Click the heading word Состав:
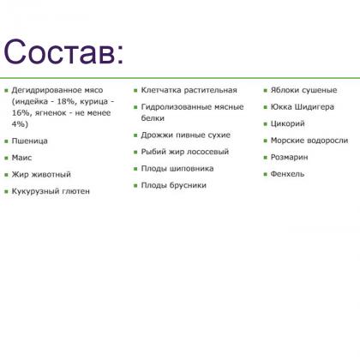click(x=64, y=52)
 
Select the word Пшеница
click(x=30, y=141)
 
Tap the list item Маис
click(x=21, y=158)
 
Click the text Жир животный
click(x=41, y=174)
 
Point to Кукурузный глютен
click(x=51, y=191)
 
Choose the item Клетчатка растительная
click(x=189, y=90)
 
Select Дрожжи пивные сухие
click(x=185, y=135)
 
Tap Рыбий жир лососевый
click(x=184, y=152)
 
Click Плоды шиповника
click(x=177, y=168)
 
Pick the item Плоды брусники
click(x=173, y=185)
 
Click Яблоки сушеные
click(x=303, y=90)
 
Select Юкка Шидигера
click(x=302, y=107)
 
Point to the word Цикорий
click(x=287, y=123)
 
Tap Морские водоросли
click(x=309, y=141)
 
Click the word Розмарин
click(x=289, y=157)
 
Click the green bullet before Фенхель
click(x=264, y=174)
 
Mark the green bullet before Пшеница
click(x=6, y=141)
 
